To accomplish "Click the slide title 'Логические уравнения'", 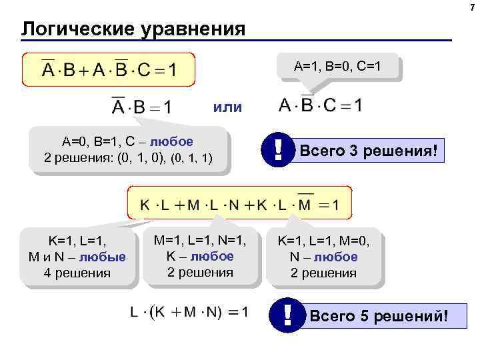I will pos(133,29).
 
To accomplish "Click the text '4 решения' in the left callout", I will pos(77,273).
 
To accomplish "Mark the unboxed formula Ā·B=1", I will pos(141,107).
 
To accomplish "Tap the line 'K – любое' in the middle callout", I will pos(201,256).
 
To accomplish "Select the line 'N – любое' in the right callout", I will pos(324,257).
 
